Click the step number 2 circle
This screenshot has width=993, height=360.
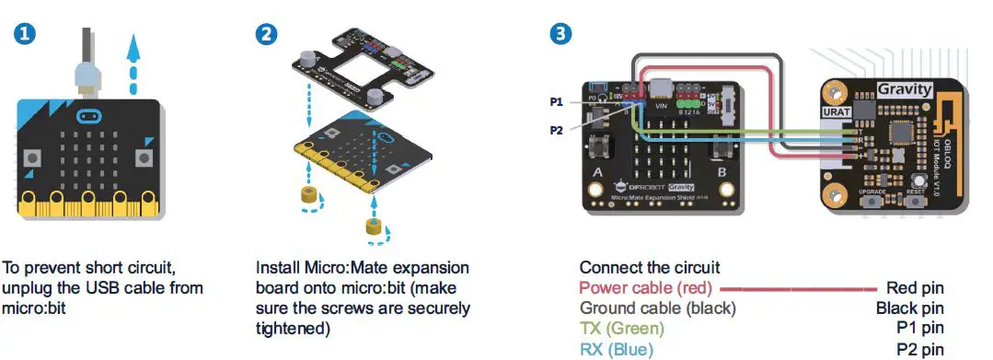point(266,35)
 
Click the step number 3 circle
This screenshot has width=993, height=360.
point(559,35)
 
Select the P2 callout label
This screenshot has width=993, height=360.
point(556,130)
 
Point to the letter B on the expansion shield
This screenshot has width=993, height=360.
point(723,171)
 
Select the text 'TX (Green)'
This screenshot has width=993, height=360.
point(621,328)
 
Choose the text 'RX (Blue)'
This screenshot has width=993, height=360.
point(616,348)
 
